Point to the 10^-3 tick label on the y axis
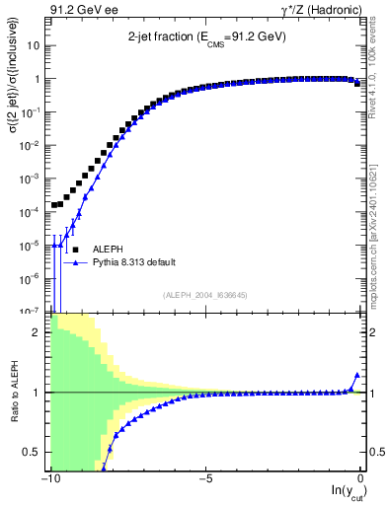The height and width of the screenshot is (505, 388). (x=30, y=179)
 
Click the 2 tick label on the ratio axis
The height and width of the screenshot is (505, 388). (x=37, y=332)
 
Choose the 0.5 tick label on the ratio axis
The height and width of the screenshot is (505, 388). (x=33, y=452)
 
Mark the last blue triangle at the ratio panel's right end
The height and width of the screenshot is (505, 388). (x=356, y=375)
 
